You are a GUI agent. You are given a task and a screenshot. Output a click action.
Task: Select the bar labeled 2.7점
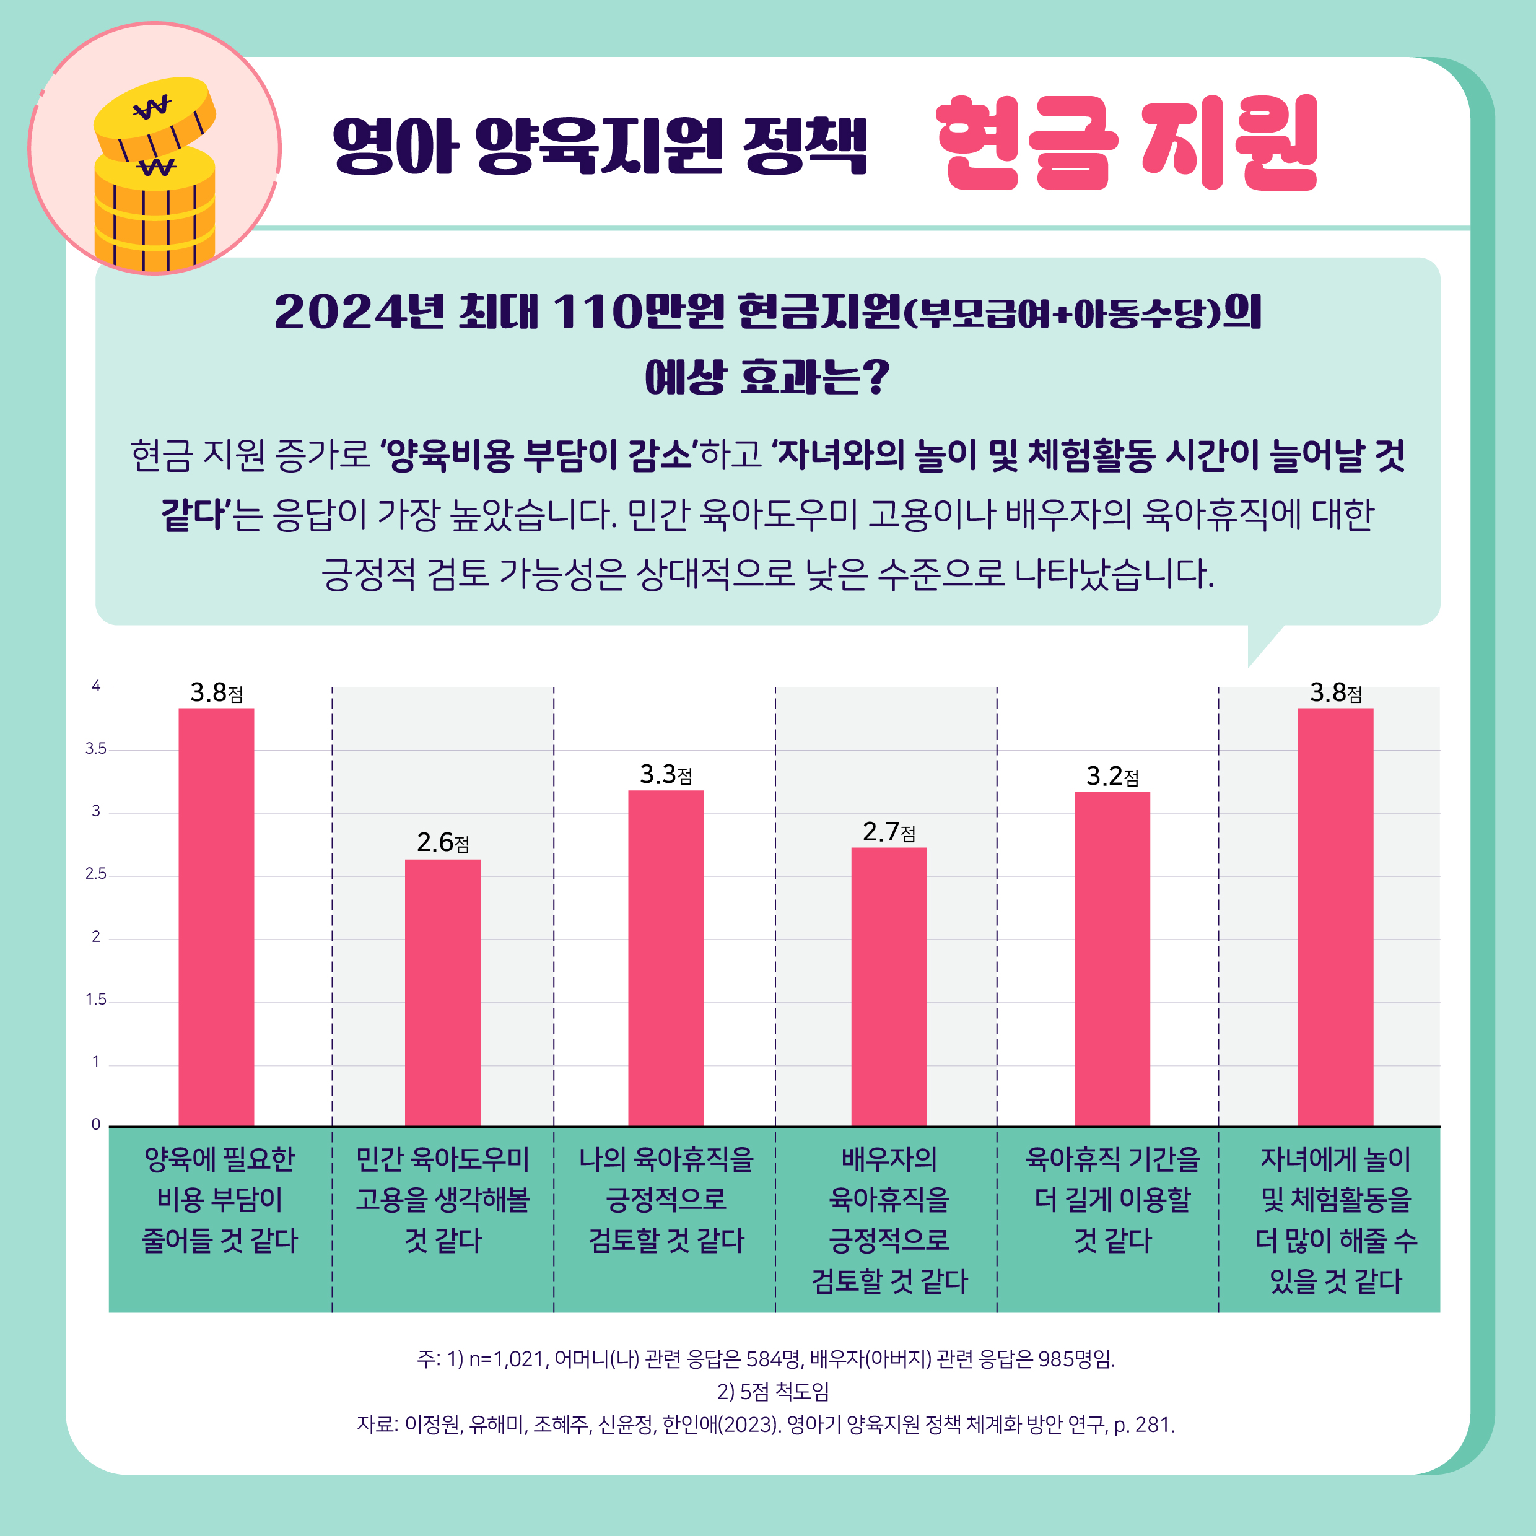tap(889, 986)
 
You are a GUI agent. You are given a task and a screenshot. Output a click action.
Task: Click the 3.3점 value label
tap(665, 774)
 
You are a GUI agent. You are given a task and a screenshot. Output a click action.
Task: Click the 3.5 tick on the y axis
tap(95, 749)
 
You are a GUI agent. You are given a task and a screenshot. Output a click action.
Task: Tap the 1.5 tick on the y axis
tap(95, 1000)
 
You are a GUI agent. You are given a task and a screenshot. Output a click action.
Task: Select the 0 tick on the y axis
tap(95, 1124)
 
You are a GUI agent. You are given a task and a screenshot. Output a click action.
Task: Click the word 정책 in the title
tap(805, 146)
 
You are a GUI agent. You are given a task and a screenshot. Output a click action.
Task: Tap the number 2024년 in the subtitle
tap(358, 312)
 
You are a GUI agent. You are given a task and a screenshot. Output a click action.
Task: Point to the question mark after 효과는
tap(875, 377)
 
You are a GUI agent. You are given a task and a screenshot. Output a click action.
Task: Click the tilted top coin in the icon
tap(154, 115)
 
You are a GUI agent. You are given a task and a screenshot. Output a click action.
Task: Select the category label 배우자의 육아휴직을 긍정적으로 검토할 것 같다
tap(889, 1220)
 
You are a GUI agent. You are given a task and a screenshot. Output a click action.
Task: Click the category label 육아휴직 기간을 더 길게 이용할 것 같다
tap(1112, 1199)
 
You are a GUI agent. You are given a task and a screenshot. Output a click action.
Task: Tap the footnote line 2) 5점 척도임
tap(773, 1391)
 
